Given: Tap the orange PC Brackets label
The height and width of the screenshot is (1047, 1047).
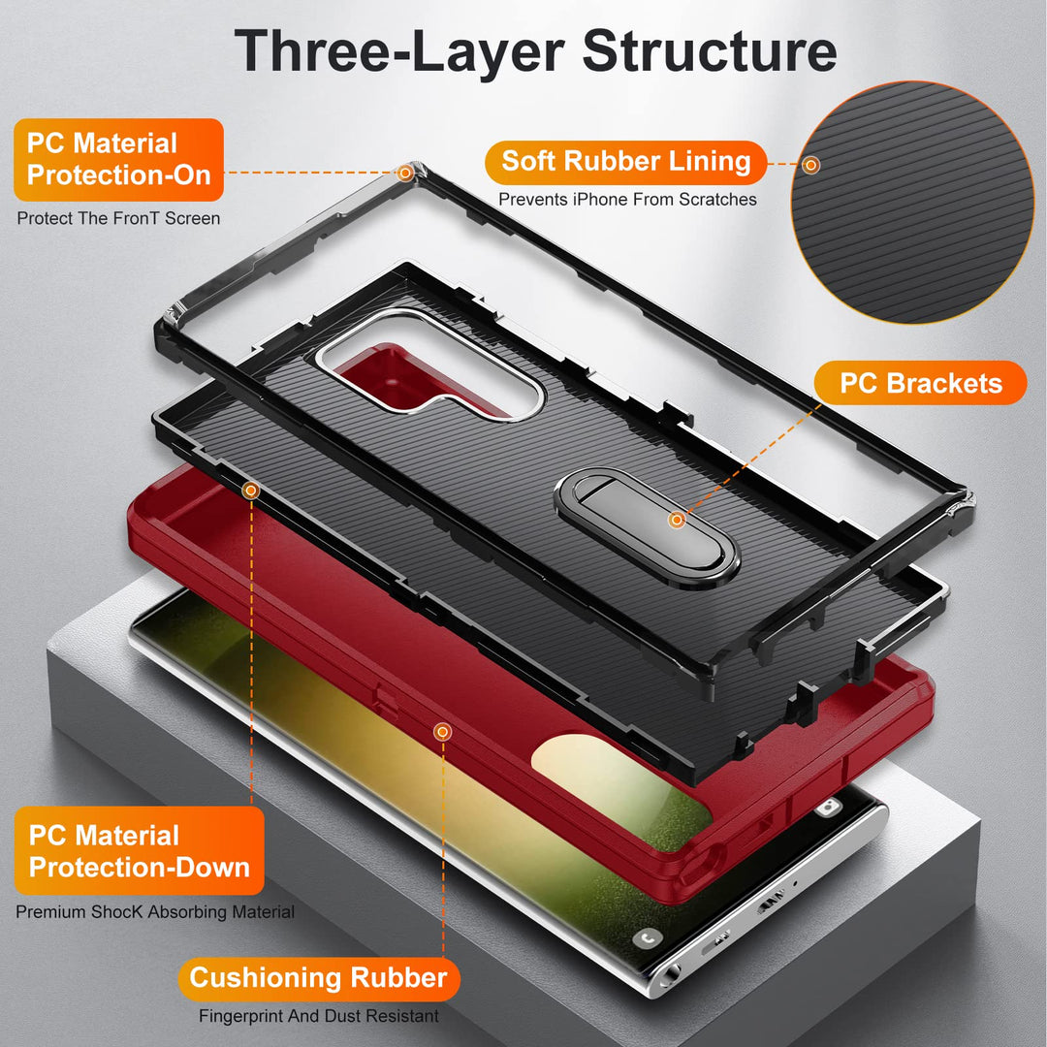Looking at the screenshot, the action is point(920,383).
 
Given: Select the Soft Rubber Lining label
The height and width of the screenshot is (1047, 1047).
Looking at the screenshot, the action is point(625,162).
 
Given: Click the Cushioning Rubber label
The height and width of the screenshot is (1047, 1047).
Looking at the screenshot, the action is point(319,978).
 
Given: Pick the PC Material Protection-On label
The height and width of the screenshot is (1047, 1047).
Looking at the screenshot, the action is point(119,160).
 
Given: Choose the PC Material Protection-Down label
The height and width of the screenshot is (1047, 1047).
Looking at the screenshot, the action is point(139,851).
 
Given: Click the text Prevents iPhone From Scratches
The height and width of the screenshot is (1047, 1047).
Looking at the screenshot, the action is point(627,200).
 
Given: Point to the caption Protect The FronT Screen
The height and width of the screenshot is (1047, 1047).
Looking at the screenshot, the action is point(118,218).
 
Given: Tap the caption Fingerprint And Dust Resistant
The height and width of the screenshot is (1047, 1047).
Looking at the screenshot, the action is point(319,1016).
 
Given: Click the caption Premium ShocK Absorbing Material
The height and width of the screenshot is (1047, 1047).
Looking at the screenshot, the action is point(155,912).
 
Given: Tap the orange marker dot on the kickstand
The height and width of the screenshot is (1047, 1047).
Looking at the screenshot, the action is point(677,520).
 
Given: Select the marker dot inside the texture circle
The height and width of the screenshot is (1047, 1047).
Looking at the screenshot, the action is point(810,165).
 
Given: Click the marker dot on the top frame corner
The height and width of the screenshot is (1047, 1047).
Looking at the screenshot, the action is point(405,173).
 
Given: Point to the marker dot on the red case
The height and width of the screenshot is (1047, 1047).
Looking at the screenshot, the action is point(442,733).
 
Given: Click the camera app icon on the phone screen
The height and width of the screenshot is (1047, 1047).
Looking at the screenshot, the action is point(828,808).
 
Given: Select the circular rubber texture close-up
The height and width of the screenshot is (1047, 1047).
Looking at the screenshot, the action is point(912,203).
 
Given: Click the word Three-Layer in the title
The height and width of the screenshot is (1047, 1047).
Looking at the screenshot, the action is point(399,52).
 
